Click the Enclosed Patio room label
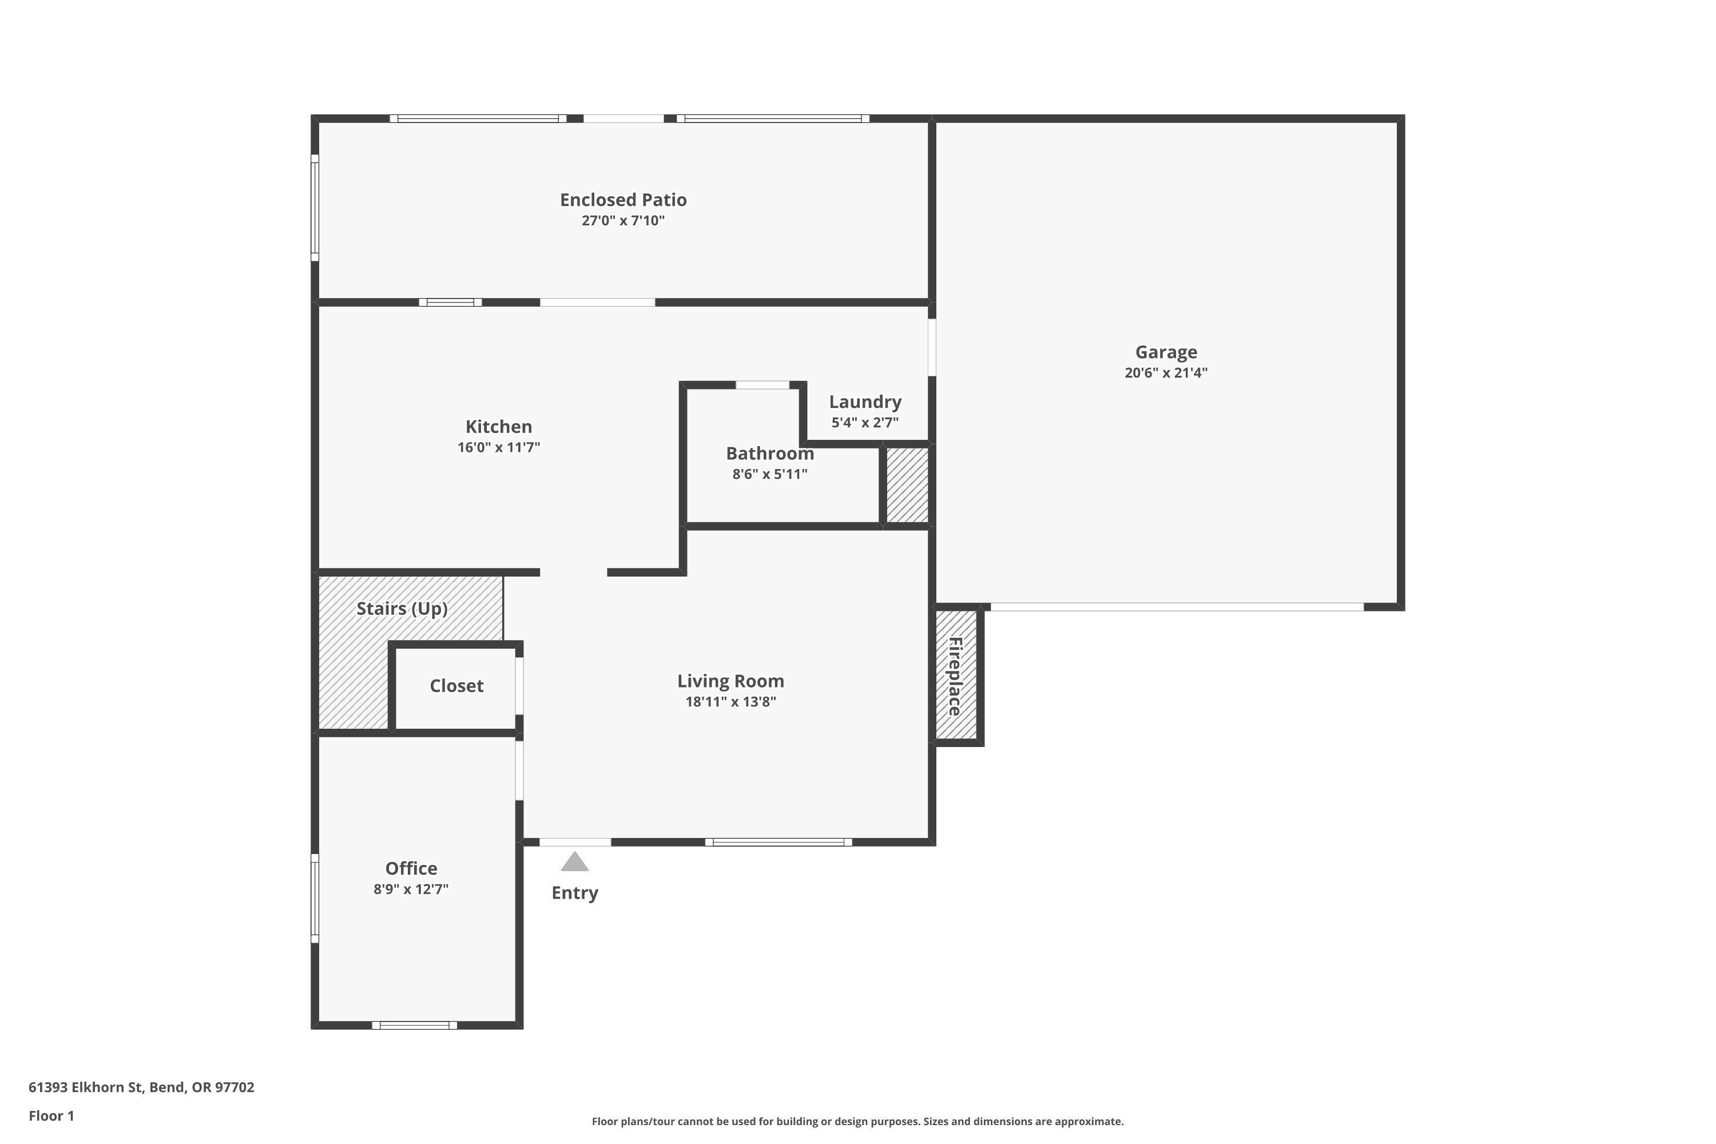point(622,200)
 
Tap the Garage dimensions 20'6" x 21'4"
point(1165,373)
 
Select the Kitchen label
point(498,427)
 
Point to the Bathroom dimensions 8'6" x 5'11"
point(770,474)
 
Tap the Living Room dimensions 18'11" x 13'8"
point(730,702)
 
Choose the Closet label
point(456,686)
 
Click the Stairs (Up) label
point(402,609)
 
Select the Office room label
point(411,868)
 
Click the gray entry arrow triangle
point(574,863)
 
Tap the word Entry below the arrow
point(574,893)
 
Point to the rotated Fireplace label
point(955,676)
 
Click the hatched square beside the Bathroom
point(907,484)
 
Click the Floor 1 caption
point(51,1115)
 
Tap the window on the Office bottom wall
point(414,1025)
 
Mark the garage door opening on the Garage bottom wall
point(1176,607)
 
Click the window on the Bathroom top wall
point(762,384)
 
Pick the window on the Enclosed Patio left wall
point(315,207)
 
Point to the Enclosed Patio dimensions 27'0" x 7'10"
point(622,220)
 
